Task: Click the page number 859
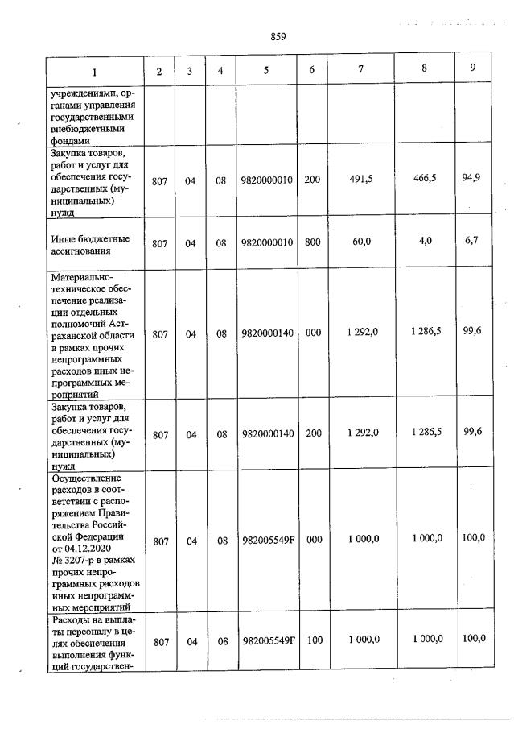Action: click(x=278, y=36)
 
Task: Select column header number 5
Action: click(x=265, y=70)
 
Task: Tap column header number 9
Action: click(x=472, y=68)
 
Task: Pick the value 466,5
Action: click(x=423, y=179)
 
